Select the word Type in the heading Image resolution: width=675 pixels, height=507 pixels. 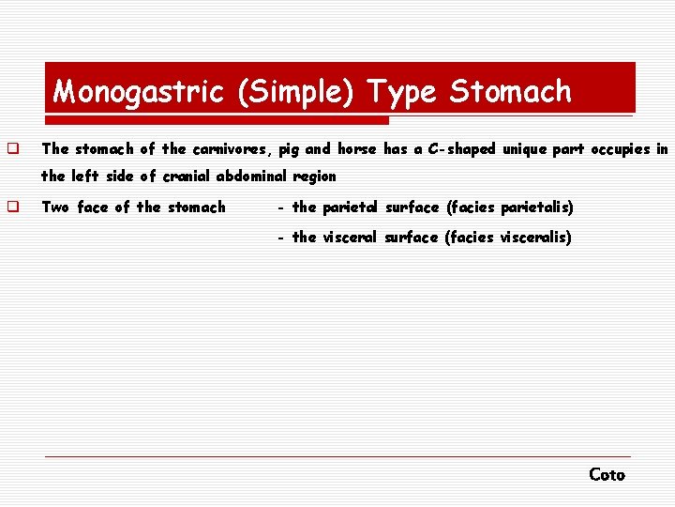[401, 92]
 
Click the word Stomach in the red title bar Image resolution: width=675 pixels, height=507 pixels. [510, 92]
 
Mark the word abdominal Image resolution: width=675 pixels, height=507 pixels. [255, 177]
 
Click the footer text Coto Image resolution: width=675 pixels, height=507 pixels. [607, 475]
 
